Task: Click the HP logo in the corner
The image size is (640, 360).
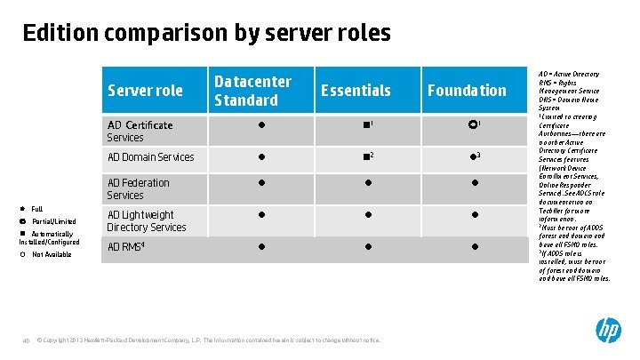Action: click(608, 331)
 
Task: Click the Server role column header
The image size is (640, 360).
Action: click(145, 91)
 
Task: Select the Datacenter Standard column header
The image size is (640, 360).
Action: click(252, 91)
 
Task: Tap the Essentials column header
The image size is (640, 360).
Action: click(356, 91)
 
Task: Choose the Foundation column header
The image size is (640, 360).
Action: click(467, 91)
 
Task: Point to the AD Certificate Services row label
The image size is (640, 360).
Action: click(140, 131)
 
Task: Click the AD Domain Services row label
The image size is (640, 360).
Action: click(150, 157)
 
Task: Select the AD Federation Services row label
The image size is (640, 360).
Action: click(138, 188)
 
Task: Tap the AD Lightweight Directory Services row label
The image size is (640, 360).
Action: click(147, 220)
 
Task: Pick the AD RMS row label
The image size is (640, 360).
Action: click(125, 247)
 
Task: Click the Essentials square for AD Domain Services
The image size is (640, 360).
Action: click(366, 158)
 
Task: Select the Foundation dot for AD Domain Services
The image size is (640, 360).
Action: click(474, 158)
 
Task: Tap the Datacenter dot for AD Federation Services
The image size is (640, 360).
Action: click(261, 184)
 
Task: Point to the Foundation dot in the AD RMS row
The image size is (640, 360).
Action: click(475, 247)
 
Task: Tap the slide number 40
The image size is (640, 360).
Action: click(27, 340)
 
